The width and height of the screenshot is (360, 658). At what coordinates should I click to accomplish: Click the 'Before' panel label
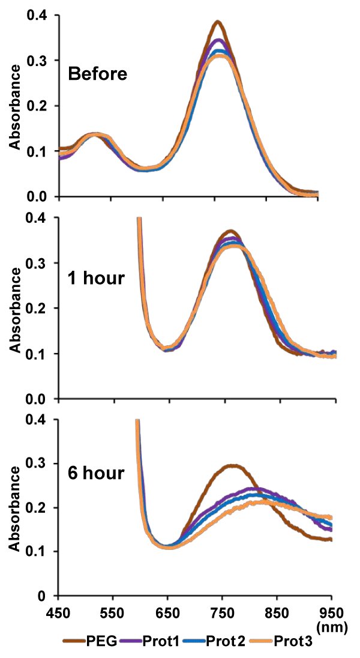pos(98,74)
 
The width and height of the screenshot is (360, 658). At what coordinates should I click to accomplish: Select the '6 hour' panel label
pos(97,473)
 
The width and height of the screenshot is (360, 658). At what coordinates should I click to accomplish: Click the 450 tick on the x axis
pos(58,612)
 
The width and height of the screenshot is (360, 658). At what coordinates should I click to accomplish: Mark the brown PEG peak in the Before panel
pos(218,22)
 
